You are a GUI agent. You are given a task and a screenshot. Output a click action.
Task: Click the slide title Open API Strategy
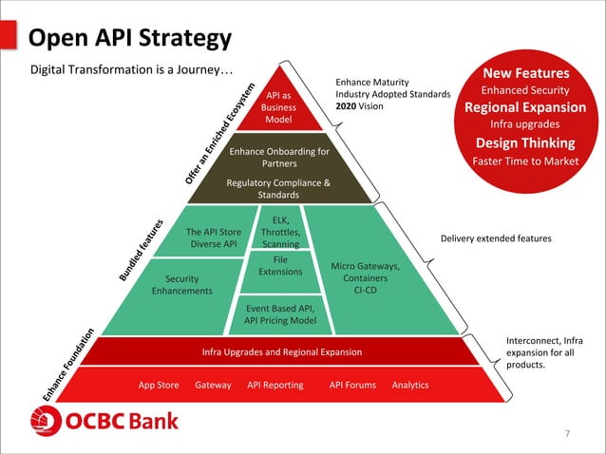click(x=130, y=38)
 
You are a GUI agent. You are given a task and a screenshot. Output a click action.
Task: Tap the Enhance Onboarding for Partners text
click(x=279, y=157)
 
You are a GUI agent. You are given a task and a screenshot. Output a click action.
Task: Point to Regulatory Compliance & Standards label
click(x=279, y=188)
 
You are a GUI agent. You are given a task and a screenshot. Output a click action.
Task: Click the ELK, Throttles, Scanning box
click(x=280, y=232)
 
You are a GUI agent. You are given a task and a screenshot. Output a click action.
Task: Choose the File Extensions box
click(x=280, y=266)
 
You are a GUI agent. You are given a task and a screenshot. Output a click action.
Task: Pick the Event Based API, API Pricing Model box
click(x=280, y=314)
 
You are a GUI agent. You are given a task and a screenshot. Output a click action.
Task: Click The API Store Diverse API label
click(x=214, y=237)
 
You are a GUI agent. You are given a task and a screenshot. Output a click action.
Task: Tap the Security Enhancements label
click(x=181, y=285)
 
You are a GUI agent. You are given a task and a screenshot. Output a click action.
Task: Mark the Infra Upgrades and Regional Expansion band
click(x=282, y=352)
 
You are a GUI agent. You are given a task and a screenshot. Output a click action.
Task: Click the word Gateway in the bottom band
click(x=213, y=385)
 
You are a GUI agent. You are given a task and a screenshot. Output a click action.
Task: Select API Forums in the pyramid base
click(x=352, y=385)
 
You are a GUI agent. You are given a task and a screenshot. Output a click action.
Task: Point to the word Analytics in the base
click(x=410, y=385)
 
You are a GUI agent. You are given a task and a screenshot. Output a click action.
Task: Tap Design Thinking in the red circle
click(x=525, y=142)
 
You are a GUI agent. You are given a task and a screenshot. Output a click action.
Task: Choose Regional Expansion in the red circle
click(x=525, y=106)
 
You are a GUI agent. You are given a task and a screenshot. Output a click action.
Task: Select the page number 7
click(x=567, y=434)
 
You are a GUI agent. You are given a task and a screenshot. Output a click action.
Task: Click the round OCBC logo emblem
click(x=47, y=421)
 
